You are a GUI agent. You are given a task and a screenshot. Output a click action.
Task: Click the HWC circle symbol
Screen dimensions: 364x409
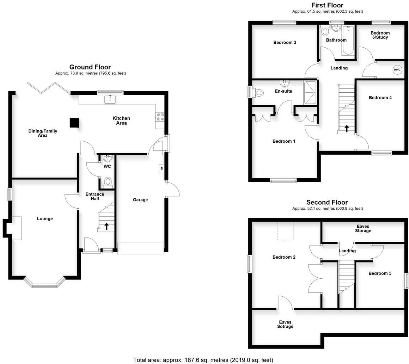397,70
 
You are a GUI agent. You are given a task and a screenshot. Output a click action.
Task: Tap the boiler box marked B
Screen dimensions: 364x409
161,168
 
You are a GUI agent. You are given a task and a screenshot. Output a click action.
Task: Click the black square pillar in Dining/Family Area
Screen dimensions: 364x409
74,122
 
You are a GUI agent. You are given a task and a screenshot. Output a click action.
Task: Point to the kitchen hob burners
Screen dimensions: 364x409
159,117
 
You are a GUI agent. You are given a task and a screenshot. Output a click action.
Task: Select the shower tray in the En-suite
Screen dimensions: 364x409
310,93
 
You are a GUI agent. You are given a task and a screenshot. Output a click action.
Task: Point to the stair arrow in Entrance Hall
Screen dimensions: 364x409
106,226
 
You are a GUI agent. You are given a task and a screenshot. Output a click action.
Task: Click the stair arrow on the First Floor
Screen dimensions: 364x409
347,128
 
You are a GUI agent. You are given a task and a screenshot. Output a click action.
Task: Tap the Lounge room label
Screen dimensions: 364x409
45,218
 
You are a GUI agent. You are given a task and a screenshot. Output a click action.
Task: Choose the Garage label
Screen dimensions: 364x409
140,200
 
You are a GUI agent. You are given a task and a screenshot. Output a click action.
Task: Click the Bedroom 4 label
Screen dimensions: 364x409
380,98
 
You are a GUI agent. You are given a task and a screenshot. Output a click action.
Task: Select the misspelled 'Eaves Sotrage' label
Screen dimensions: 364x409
285,324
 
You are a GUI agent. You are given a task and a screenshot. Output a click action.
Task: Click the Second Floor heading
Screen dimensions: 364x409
327,202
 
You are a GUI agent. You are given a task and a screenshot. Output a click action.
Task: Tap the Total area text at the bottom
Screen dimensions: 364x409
203,360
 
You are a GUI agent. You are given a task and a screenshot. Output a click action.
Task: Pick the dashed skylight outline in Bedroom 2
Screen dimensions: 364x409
285,231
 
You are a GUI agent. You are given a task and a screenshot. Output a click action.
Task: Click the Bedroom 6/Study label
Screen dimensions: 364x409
380,35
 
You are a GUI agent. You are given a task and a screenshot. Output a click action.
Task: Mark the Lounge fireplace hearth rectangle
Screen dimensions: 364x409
17,228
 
